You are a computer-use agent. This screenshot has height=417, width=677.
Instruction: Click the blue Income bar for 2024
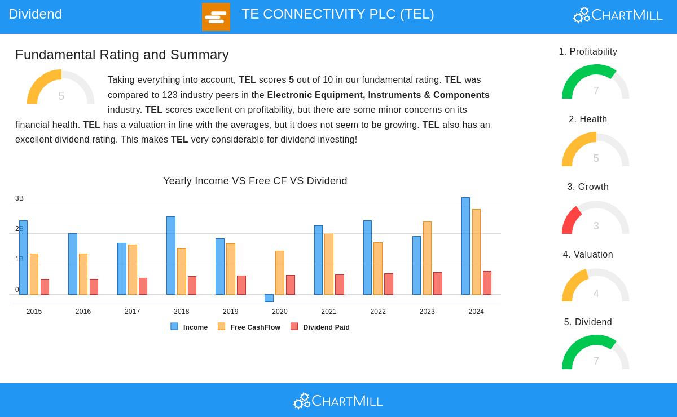click(465, 246)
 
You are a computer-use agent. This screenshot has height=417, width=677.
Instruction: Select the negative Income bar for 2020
click(269, 298)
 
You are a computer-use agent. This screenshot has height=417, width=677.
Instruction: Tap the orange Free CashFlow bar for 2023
click(427, 258)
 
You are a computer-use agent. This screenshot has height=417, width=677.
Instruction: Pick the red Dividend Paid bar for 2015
click(45, 287)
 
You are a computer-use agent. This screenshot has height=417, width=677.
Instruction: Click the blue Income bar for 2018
click(171, 255)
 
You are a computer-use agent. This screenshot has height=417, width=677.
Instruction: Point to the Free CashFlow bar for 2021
click(329, 264)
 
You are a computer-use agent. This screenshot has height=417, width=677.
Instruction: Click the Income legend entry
click(190, 327)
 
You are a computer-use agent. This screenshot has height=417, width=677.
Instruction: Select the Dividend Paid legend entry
click(320, 327)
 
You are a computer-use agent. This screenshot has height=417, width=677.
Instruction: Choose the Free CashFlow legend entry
click(249, 327)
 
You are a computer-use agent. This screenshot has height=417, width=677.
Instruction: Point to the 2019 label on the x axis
click(230, 312)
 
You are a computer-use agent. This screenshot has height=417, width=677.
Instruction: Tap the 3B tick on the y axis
click(19, 198)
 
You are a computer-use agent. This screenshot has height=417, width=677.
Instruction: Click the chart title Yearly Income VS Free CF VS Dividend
click(255, 181)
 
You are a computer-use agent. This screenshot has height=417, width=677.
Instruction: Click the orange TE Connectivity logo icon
click(216, 17)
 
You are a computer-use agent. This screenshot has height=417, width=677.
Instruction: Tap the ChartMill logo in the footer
click(338, 401)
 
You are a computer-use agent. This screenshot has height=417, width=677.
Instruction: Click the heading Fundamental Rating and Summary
click(122, 55)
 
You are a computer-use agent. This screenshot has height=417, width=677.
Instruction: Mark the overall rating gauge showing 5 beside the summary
click(61, 88)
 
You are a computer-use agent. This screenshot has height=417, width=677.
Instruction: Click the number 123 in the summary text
click(169, 95)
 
